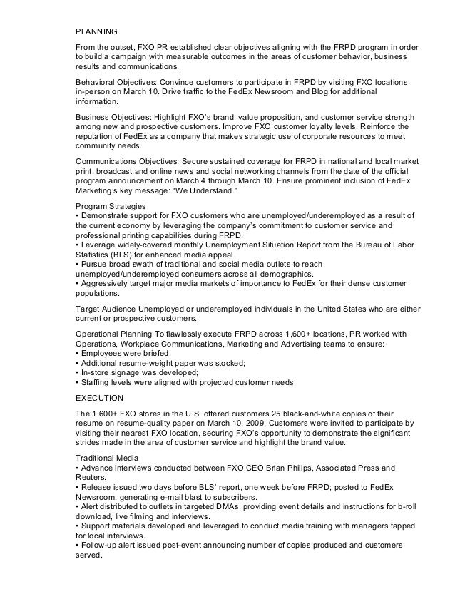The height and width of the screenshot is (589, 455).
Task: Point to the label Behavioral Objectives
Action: [x=118, y=84]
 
